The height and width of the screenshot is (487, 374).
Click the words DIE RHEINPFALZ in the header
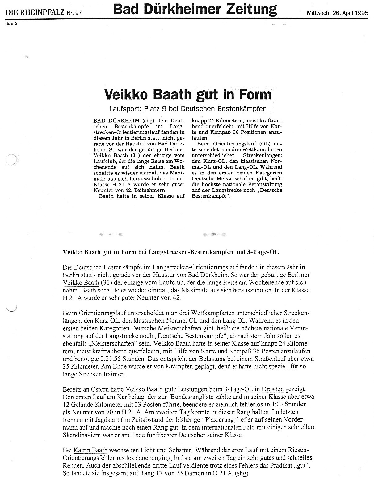click(35, 13)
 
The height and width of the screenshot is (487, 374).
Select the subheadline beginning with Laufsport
click(188, 109)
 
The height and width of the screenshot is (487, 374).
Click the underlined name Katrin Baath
click(90, 450)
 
